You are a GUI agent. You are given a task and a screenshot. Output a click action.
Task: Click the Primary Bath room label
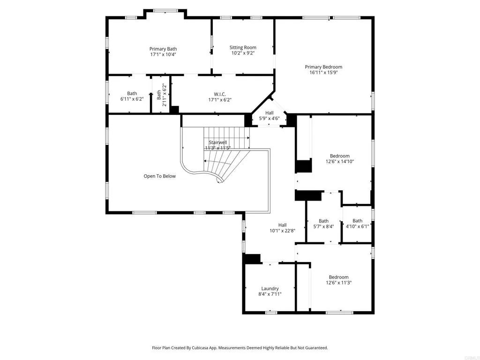(x=163, y=49)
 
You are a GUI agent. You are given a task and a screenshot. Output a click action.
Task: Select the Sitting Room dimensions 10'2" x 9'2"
(x=243, y=53)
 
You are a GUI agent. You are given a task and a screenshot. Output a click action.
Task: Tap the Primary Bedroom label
(x=323, y=67)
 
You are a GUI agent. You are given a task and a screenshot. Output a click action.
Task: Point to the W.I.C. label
(x=220, y=94)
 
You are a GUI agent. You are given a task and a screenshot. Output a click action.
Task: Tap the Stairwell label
(x=217, y=142)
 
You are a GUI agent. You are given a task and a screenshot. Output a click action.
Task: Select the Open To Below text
(x=159, y=176)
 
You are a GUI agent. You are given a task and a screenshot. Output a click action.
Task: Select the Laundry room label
(x=270, y=288)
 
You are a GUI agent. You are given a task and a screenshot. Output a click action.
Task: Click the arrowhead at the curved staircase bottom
(x=218, y=182)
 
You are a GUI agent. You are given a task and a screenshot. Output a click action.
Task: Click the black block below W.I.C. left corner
(x=174, y=110)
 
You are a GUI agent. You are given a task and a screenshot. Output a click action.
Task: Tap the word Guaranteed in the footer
(x=316, y=348)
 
